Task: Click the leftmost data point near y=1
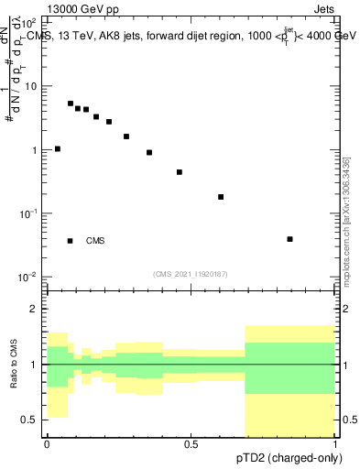tap(58, 148)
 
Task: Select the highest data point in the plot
tap(71, 104)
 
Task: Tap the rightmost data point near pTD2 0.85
tap(289, 239)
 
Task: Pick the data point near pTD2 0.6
tap(221, 197)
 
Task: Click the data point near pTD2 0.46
tap(180, 172)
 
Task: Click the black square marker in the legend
tap(71, 241)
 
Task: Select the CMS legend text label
tap(95, 241)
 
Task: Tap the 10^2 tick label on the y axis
tap(27, 21)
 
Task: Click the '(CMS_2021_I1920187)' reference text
tap(190, 273)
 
